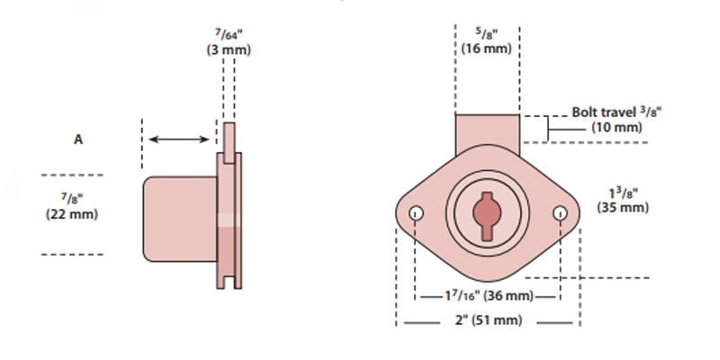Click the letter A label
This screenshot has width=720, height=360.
coord(78,139)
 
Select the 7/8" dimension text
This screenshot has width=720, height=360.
coord(71,198)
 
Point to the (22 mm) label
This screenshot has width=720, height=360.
coord(71,214)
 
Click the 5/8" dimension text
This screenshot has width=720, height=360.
coord(487,32)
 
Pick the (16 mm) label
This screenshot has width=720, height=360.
coord(487,49)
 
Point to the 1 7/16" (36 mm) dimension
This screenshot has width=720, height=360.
coord(488,296)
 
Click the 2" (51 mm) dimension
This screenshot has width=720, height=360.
coord(487,321)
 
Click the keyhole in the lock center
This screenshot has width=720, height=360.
coord(487,215)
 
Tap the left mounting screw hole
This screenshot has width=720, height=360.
coord(416,213)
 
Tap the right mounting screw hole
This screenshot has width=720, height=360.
coord(560,213)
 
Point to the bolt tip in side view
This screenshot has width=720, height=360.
coord(229,135)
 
